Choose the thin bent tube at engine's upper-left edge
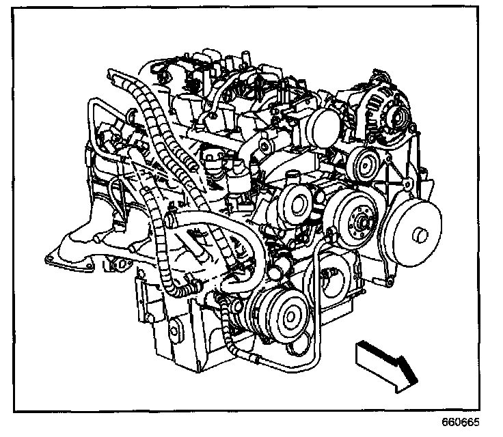coord(92,123)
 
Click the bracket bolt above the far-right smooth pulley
coord(407,184)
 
